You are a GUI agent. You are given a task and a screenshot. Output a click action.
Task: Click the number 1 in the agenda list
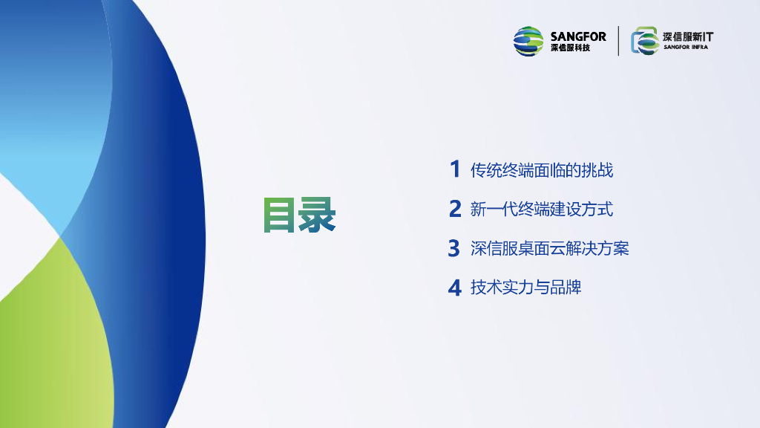pos(455,169)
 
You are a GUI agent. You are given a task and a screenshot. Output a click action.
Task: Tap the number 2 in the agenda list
pos(455,209)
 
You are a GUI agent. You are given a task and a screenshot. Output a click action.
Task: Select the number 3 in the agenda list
pos(453,248)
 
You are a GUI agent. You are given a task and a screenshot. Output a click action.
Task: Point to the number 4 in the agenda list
pos(455,288)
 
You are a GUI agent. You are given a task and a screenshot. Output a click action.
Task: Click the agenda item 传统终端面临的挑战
pos(541,170)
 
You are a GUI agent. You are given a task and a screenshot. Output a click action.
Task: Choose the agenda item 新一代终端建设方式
pos(541,209)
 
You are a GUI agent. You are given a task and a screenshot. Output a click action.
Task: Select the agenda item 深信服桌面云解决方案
pos(550,248)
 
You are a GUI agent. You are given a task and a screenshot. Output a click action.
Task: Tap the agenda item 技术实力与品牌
pos(525,288)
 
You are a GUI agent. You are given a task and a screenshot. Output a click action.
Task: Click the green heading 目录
pos(299,215)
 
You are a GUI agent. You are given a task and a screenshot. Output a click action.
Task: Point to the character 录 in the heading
pos(318,215)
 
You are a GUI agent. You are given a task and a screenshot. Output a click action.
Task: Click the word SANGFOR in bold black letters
pos(577,36)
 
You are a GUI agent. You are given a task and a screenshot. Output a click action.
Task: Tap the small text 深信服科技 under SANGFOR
pos(570,48)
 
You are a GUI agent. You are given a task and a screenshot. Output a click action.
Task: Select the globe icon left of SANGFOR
pos(528,42)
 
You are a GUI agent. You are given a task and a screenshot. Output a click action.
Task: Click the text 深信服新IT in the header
pos(688,37)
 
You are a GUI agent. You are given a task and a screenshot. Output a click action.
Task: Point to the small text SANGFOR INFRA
pos(686,47)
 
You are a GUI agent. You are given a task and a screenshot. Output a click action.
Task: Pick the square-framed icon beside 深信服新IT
pos(645,41)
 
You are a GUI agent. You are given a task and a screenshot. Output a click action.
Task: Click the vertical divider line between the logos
pos(618,42)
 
